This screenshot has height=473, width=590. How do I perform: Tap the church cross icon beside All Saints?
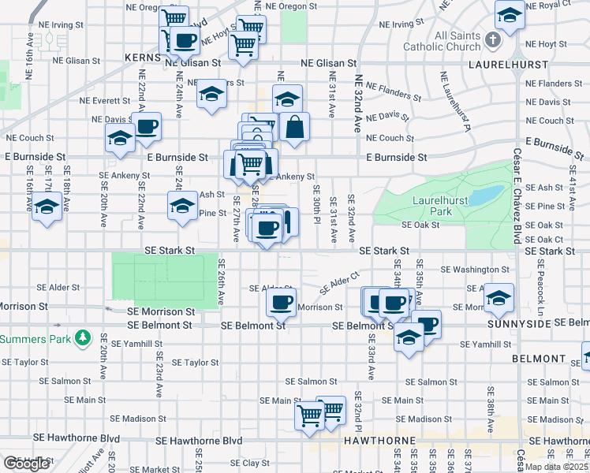493,39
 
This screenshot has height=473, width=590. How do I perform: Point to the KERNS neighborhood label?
143,58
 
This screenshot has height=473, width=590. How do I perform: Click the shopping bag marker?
293,127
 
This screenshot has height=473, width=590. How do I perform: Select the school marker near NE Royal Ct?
510,15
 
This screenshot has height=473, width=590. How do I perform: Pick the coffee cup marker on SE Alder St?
281,300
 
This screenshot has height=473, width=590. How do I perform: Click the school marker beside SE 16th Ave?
48,207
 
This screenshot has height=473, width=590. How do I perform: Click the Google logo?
26,464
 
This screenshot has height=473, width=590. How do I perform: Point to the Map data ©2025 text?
556,466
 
